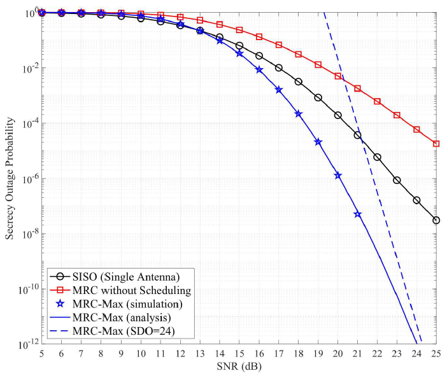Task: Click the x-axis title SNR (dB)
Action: (239, 368)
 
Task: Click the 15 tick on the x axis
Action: (239, 353)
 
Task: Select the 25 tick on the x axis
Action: (436, 353)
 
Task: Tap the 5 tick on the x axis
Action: (41, 353)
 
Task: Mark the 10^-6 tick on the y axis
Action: (29, 179)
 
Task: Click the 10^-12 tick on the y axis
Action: (27, 344)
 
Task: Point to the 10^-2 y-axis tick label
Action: (29, 68)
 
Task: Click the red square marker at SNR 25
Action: (436, 144)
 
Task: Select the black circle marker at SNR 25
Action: (436, 220)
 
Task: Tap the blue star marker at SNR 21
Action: (357, 214)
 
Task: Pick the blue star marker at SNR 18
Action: (298, 114)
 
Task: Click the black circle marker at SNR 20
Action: (337, 115)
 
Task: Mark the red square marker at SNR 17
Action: (278, 45)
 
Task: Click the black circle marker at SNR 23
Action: (397, 180)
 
